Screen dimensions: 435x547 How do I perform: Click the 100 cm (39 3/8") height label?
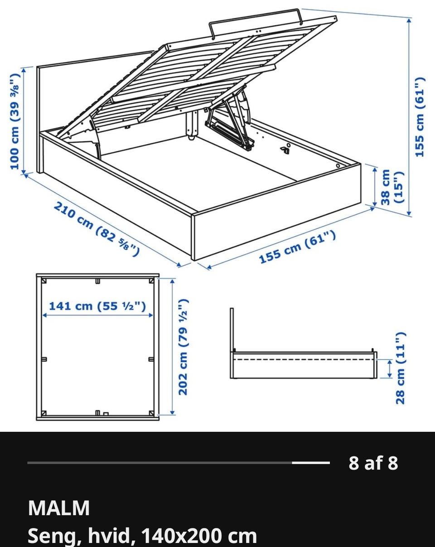tap(14, 121)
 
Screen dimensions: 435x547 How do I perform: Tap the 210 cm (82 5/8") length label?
tap(97, 229)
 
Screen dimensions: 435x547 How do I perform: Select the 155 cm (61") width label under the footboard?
tap(297, 247)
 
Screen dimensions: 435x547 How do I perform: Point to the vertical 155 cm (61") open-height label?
tap(420, 116)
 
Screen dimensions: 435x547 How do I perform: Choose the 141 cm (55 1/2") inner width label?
tap(97, 306)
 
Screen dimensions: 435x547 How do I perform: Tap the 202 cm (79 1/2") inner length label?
tap(183, 347)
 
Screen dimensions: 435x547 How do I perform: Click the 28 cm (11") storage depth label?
tap(401, 368)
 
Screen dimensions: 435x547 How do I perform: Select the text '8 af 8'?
tap(373, 463)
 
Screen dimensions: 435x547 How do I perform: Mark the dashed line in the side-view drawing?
tap(304, 360)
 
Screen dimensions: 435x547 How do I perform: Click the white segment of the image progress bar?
tap(311, 463)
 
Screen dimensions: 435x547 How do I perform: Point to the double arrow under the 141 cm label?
tap(97, 315)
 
